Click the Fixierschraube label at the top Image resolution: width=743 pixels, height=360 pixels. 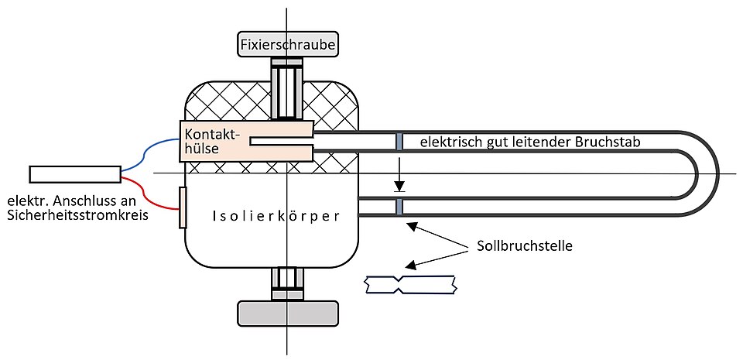coord(288,46)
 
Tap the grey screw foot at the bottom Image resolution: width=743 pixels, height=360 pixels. coord(288,312)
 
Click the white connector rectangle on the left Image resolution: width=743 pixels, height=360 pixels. coord(74,174)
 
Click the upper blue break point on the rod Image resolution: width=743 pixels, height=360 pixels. coord(399,142)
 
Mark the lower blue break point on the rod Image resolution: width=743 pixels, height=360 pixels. coord(399,207)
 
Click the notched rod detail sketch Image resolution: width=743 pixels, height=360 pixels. coord(411,286)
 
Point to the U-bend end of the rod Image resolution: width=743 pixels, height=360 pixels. coord(708,173)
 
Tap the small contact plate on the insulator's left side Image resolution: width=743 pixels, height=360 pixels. coord(183,207)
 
